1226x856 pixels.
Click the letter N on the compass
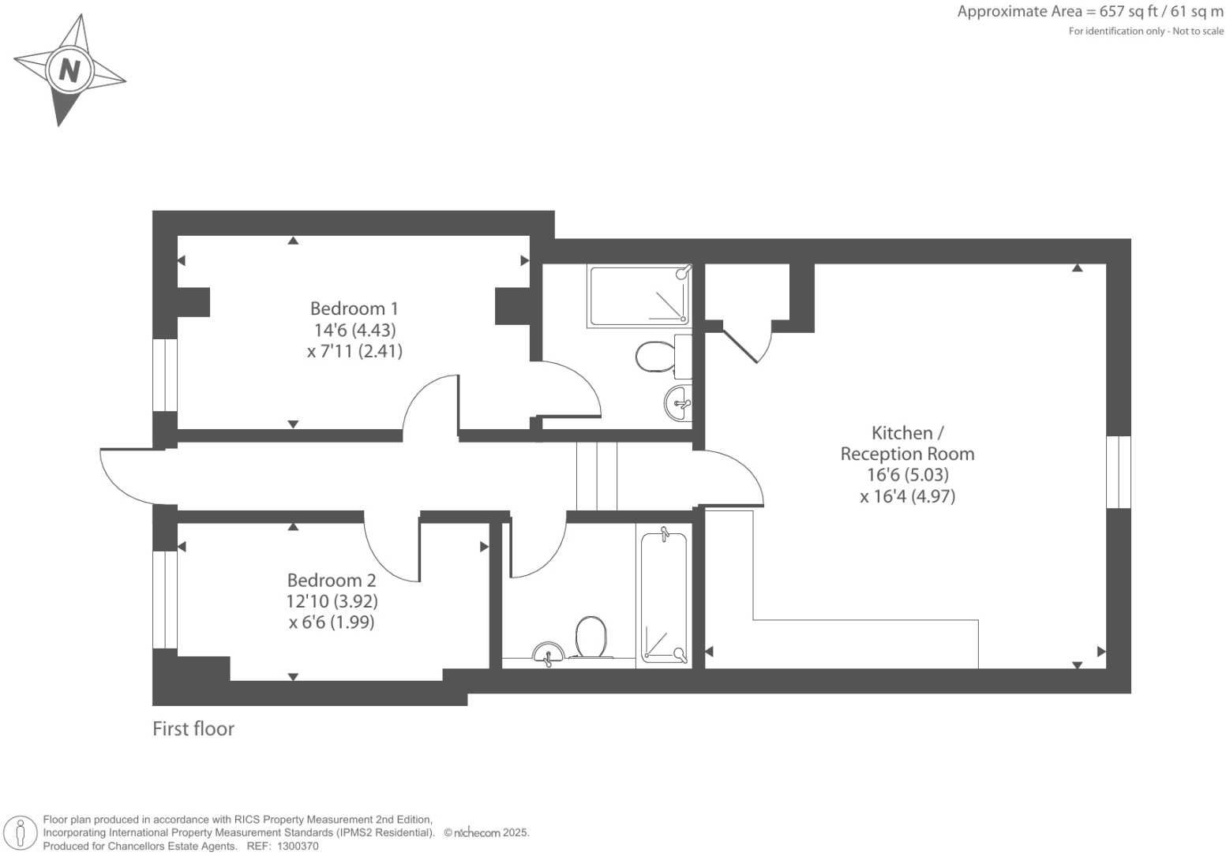coord(69,71)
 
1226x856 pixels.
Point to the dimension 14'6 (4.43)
coord(354,330)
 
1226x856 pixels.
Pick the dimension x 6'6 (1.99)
coord(332,622)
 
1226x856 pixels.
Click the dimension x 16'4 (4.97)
coord(907,496)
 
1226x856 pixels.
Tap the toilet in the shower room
coord(653,357)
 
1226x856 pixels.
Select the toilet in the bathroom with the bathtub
coord(591,636)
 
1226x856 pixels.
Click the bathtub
coord(664,596)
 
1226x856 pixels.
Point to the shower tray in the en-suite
coord(639,296)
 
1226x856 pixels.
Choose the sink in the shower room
coord(678,403)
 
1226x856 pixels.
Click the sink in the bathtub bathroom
coord(549,652)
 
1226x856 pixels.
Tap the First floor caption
coord(193,729)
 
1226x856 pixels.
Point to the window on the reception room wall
coord(1119,472)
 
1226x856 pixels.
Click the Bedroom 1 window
coord(165,376)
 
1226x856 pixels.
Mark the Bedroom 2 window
coord(165,599)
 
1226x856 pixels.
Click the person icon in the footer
coord(21,833)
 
